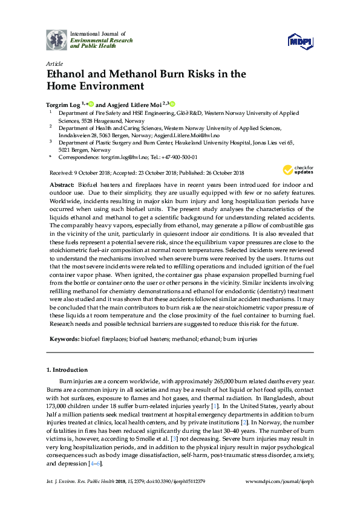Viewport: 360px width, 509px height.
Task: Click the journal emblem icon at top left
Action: pos(57,40)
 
